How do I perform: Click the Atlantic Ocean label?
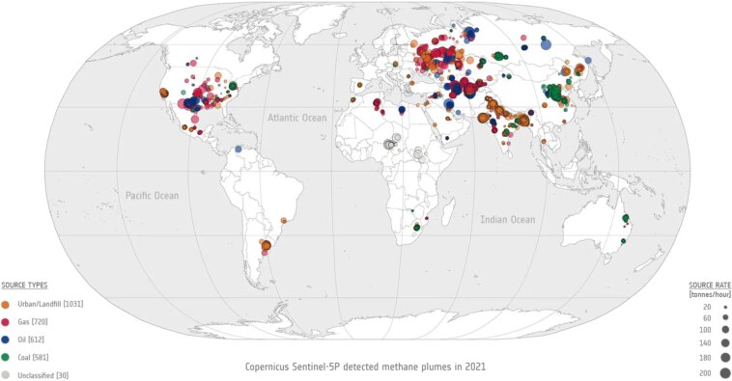pyautogui.click(x=298, y=118)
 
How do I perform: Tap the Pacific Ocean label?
pyautogui.click(x=153, y=196)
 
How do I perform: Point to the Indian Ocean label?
pyautogui.click(x=508, y=220)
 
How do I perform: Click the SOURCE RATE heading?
pyautogui.click(x=708, y=286)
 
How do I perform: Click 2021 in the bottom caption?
pyautogui.click(x=472, y=367)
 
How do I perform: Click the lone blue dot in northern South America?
pyautogui.click(x=238, y=150)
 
